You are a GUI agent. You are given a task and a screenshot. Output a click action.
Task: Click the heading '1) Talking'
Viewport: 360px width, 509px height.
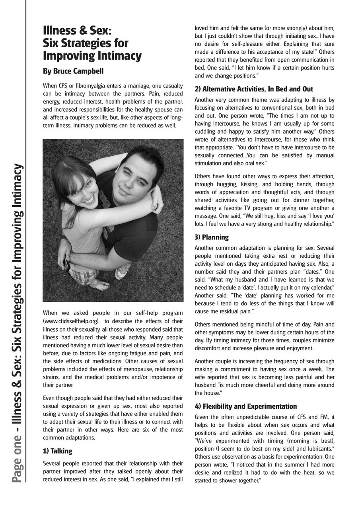(x=58, y=451)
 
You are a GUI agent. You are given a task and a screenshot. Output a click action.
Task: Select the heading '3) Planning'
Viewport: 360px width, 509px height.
(x=212, y=237)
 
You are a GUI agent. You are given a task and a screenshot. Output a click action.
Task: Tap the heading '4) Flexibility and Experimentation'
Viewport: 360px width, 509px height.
(x=245, y=406)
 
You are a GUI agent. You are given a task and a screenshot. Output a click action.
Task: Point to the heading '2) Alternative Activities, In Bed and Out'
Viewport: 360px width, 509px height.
(x=254, y=89)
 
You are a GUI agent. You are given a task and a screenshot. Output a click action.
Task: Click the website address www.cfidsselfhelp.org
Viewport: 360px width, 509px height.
(x=71, y=321)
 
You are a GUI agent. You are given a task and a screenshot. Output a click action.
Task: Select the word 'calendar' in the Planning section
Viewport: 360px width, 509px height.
(x=320, y=288)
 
